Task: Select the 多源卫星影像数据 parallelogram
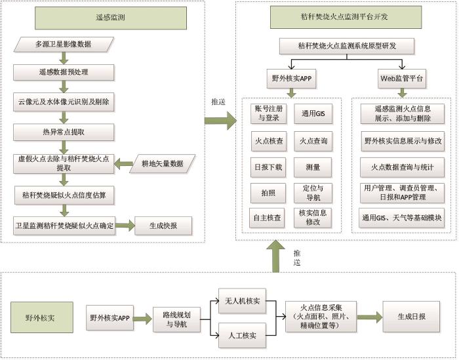(63, 45)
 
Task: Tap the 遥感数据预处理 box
(63, 72)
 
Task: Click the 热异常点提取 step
(63, 132)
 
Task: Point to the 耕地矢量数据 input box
(161, 163)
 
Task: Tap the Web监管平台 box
(401, 78)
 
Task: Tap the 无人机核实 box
(243, 301)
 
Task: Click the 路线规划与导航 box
(174, 319)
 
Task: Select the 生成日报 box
(411, 317)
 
